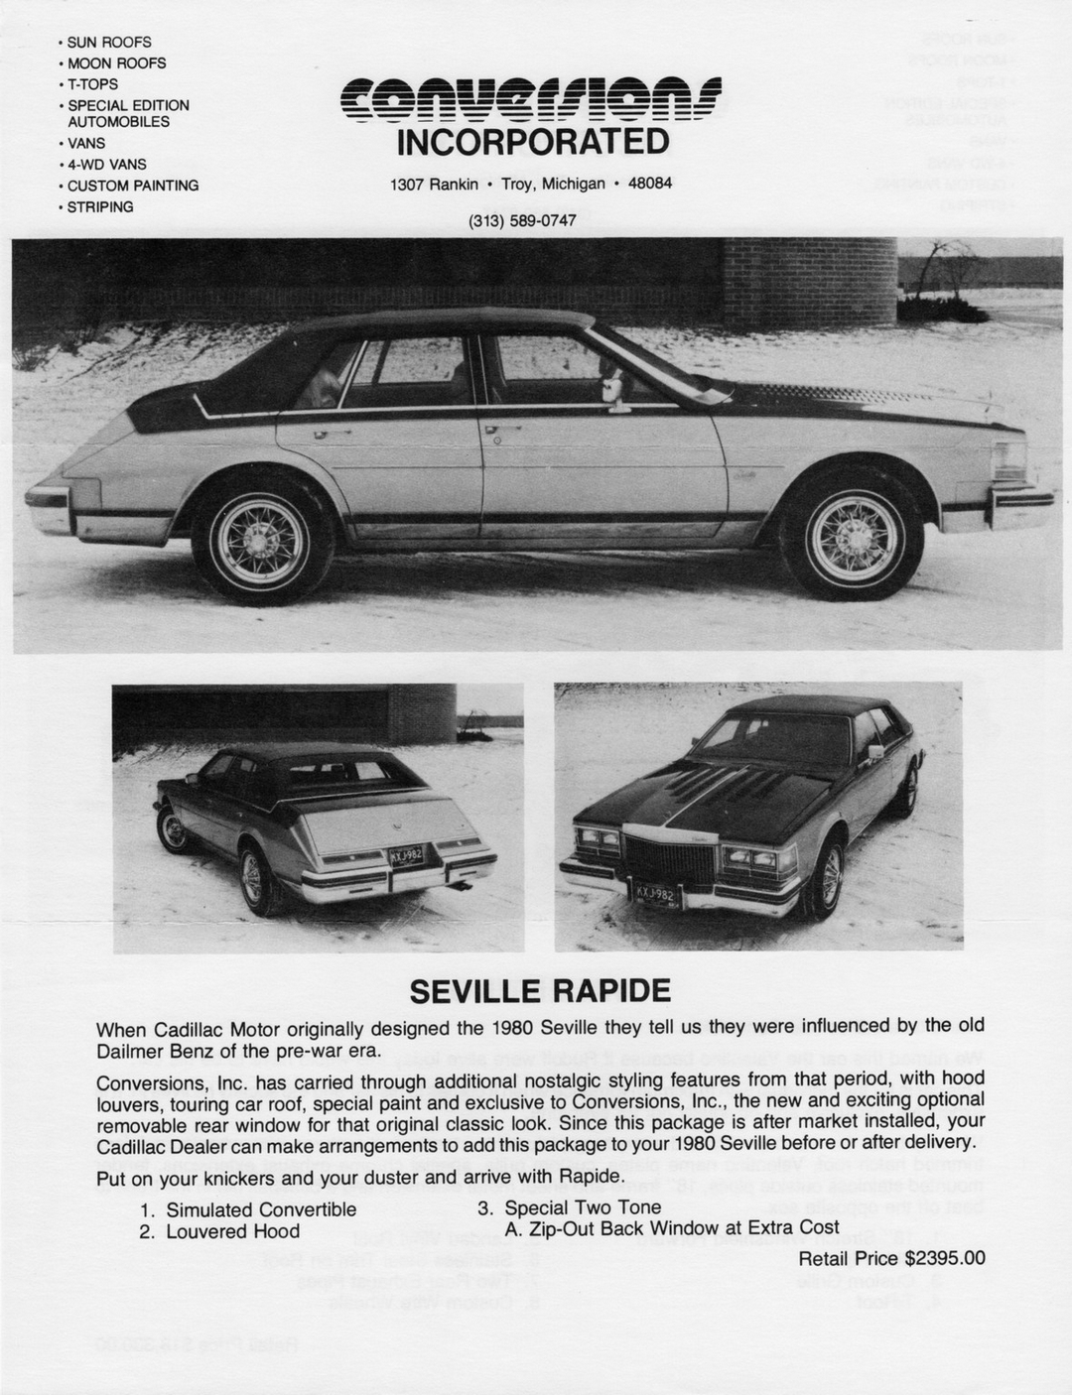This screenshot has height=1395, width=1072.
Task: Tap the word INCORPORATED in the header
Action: click(533, 143)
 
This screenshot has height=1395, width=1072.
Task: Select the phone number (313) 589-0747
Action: click(522, 220)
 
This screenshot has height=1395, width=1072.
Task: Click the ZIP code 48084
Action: click(651, 185)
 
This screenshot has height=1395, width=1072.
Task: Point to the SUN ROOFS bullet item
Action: click(109, 43)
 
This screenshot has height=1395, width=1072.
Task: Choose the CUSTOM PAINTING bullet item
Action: click(132, 186)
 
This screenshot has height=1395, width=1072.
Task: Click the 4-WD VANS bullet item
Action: click(106, 165)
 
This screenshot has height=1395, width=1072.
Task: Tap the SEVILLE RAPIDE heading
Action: click(540, 991)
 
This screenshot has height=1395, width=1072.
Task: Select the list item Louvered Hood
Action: click(232, 1232)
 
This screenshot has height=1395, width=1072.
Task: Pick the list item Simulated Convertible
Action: click(260, 1209)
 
